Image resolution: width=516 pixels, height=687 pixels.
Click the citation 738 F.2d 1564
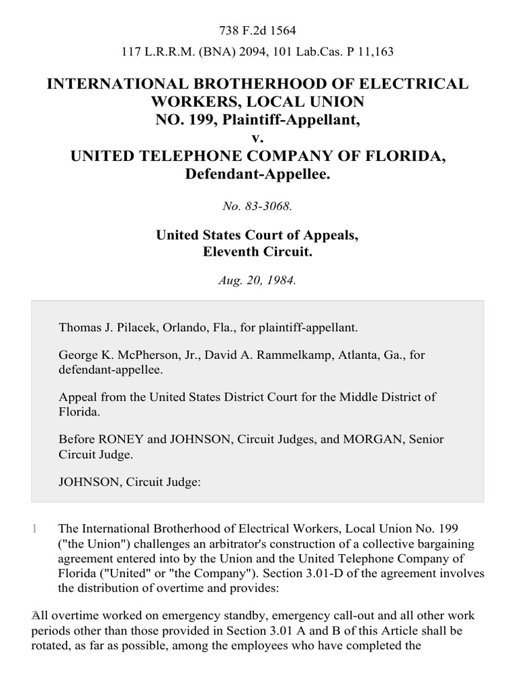point(258,30)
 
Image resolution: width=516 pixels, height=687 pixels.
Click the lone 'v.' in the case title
point(258,138)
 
